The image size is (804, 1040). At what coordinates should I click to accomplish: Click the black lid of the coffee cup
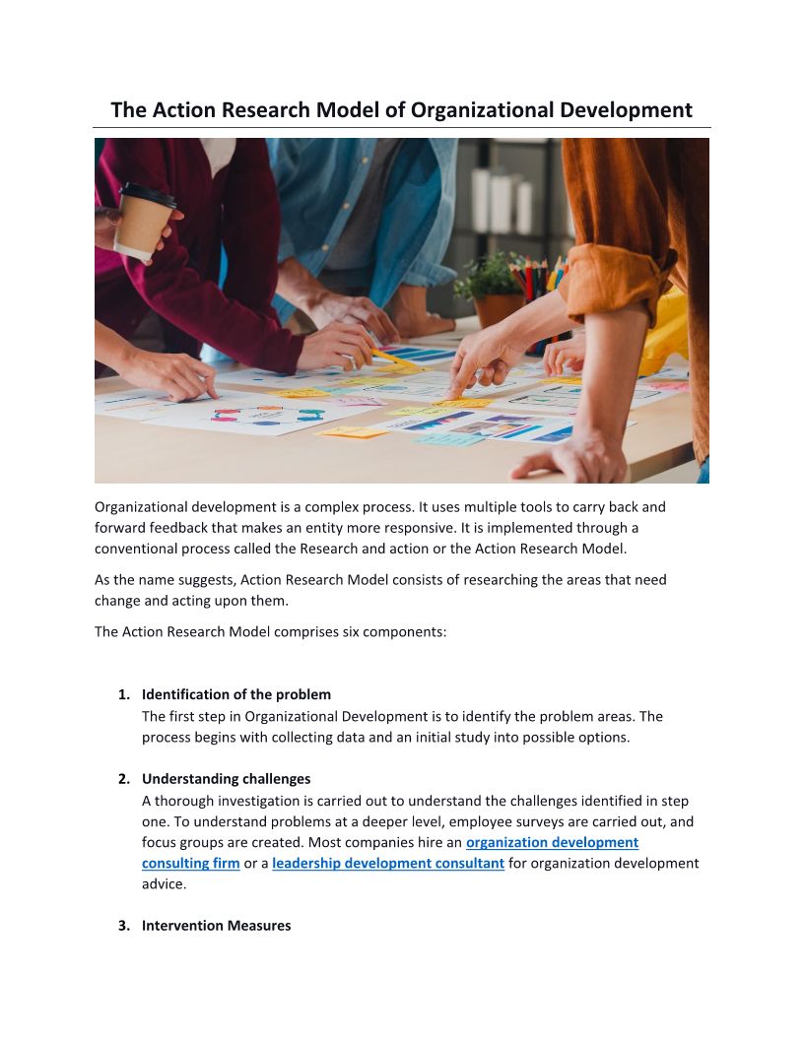click(x=149, y=194)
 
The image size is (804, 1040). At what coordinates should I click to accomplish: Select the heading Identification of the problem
click(x=236, y=694)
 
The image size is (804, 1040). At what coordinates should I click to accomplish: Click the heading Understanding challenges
click(x=226, y=778)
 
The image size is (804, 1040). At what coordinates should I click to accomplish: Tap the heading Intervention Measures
click(x=216, y=926)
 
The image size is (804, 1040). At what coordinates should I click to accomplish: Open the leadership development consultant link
click(x=388, y=864)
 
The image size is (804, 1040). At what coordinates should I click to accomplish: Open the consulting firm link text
click(x=191, y=864)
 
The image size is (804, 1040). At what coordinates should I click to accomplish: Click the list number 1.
click(x=123, y=694)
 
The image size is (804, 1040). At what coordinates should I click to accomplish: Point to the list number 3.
click(x=123, y=926)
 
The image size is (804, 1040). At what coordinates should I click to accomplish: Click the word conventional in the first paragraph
click(x=133, y=550)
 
